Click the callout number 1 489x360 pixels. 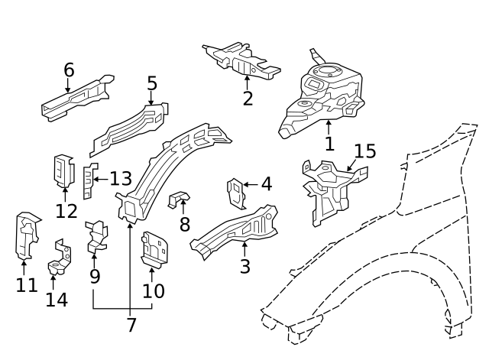[x=329, y=143]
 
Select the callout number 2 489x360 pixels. [x=247, y=99]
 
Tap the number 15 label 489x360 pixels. [x=364, y=151]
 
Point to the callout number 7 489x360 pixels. [x=131, y=325]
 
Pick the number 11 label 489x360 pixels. [x=25, y=285]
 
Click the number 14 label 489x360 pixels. [x=56, y=299]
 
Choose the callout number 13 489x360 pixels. [x=120, y=179]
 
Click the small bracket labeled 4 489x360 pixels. [x=236, y=193]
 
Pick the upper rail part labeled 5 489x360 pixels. [x=130, y=126]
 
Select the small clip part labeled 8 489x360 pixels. [x=177, y=199]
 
